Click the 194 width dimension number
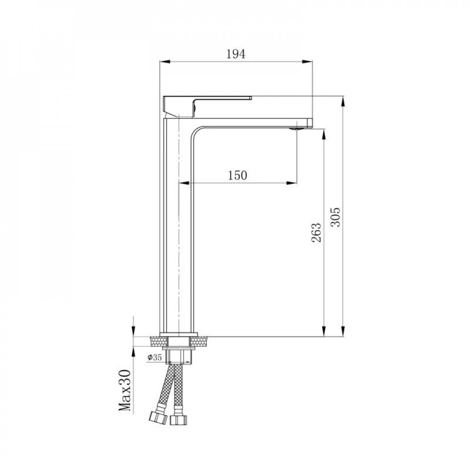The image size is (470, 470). (x=236, y=54)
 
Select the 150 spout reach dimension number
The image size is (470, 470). (x=237, y=175)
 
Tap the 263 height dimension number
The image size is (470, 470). (x=316, y=232)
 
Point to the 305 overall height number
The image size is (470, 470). (x=335, y=217)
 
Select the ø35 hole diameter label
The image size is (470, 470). (x=154, y=358)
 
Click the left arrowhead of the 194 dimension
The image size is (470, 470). (x=163, y=62)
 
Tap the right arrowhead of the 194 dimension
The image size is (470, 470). (x=310, y=62)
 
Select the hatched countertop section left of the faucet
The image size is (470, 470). (x=155, y=342)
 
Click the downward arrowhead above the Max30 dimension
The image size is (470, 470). (x=134, y=333)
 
